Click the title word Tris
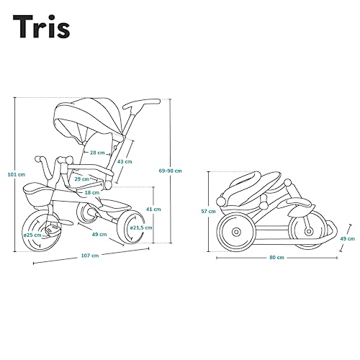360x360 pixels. [41, 27]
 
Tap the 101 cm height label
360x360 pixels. [17, 174]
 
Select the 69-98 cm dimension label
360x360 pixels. [171, 171]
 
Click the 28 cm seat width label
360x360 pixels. [97, 153]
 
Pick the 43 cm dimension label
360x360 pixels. [125, 161]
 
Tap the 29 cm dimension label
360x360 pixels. [82, 179]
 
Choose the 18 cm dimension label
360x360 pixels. [92, 192]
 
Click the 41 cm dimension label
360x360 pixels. [153, 209]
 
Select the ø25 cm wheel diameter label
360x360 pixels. [32, 235]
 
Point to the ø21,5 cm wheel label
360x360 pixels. [141, 228]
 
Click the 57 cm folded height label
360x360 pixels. [208, 212]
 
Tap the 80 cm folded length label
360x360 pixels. [276, 258]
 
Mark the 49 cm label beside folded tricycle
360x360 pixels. [347, 238]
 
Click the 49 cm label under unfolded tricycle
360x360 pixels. [99, 234]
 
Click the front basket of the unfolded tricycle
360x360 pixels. [38, 194]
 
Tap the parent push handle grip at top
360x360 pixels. [142, 103]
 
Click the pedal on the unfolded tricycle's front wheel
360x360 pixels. [53, 230]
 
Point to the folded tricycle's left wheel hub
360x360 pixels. [236, 232]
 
